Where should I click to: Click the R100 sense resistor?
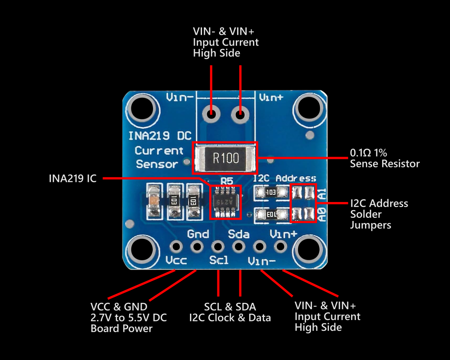click(x=225, y=158)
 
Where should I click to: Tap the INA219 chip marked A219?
click(x=225, y=202)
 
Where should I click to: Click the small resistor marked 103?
click(x=271, y=192)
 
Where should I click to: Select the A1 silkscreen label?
click(x=323, y=194)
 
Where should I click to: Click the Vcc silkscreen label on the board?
click(x=176, y=261)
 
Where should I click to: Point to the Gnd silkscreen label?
click(x=198, y=234)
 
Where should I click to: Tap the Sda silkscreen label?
click(x=239, y=234)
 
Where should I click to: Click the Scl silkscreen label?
click(x=219, y=260)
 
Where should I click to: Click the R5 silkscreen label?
click(x=227, y=181)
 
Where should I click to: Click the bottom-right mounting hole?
click(x=309, y=249)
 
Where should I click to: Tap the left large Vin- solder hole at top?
click(x=211, y=114)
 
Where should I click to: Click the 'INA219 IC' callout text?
click(x=72, y=178)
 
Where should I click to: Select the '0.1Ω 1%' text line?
click(x=369, y=153)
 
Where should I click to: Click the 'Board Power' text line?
click(x=121, y=328)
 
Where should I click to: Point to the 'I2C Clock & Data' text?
click(x=230, y=318)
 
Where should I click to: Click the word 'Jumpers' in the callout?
click(x=370, y=225)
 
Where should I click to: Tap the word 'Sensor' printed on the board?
click(x=157, y=164)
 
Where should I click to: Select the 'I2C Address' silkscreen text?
click(x=284, y=179)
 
